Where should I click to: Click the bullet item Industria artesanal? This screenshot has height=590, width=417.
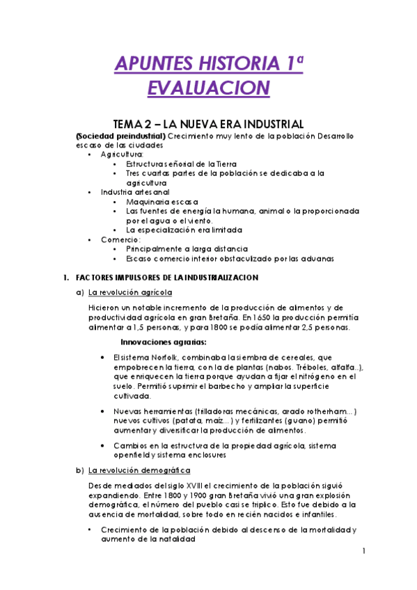135,191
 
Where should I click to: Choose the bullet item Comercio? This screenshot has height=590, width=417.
120,239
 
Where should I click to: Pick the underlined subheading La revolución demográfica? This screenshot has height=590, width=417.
140,470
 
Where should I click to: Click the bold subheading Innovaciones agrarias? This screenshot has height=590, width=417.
163,342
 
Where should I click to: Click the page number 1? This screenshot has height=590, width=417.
363,552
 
